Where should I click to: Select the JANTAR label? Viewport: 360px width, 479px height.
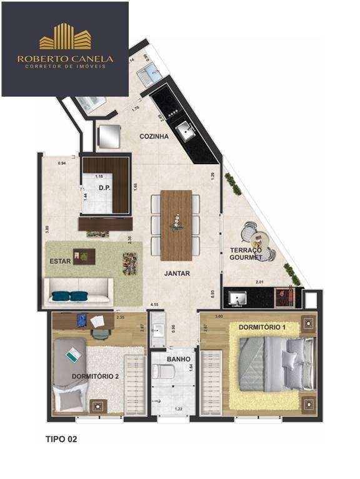(x=177, y=273)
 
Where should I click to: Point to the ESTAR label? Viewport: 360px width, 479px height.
(x=59, y=261)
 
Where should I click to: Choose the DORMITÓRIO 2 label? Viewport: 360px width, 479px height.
(x=95, y=376)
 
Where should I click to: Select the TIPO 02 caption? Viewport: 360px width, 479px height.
(x=61, y=439)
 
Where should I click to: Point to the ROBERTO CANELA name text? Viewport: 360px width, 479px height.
(x=65, y=59)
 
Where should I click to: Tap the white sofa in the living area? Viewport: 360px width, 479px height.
(x=78, y=292)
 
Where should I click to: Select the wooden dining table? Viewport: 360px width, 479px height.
(x=176, y=225)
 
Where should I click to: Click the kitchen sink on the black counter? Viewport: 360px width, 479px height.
(x=186, y=130)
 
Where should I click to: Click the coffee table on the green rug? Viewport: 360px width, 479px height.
(x=84, y=255)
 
